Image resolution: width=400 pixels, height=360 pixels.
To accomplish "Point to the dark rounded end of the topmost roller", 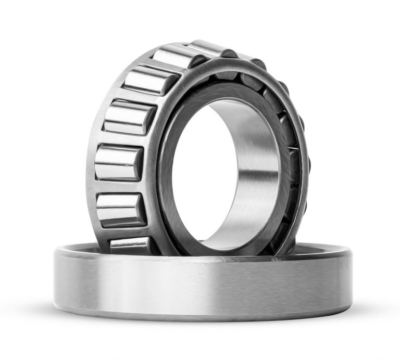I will click(x=229, y=53).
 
